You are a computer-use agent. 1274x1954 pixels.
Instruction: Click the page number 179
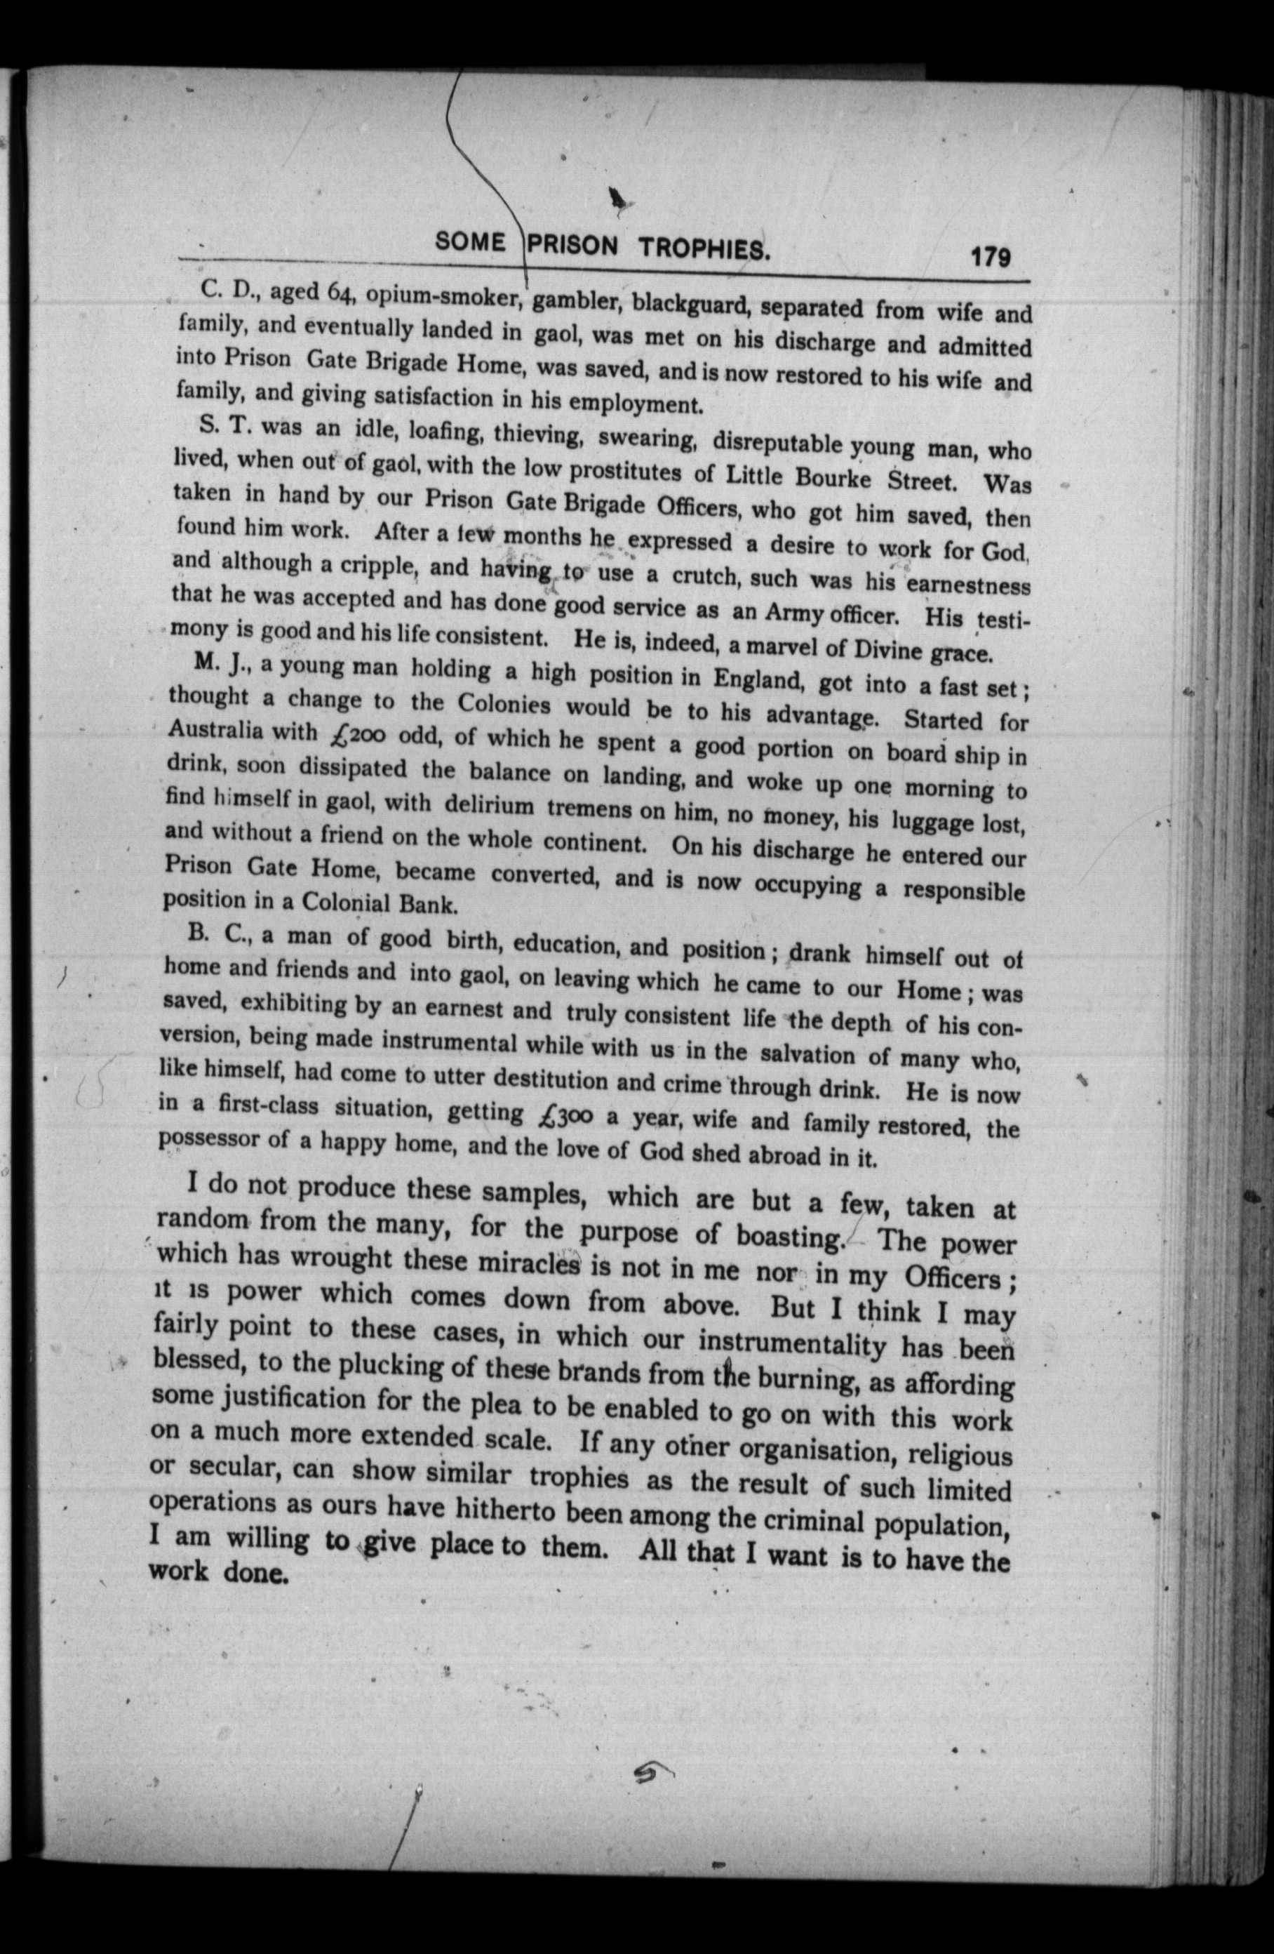[x=990, y=257]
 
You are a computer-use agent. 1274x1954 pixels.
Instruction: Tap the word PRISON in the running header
[x=573, y=246]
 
